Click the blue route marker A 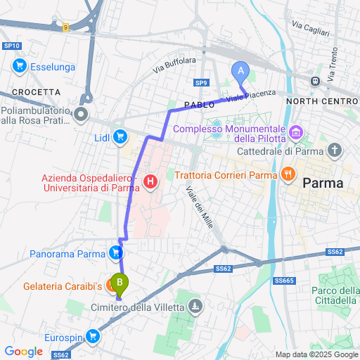tap(241, 72)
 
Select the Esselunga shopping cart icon tap(20, 66)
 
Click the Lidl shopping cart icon tap(120, 136)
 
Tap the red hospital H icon tap(150, 183)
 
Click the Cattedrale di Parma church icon tap(335, 150)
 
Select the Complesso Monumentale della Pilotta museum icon tap(296, 131)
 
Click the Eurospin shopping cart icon tap(93, 335)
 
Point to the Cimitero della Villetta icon tap(195, 307)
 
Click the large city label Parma tap(323, 183)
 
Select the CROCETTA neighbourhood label tap(37, 92)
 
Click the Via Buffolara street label tap(174, 65)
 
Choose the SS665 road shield tap(283, 281)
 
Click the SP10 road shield tap(12, 46)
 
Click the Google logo tap(24, 351)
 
